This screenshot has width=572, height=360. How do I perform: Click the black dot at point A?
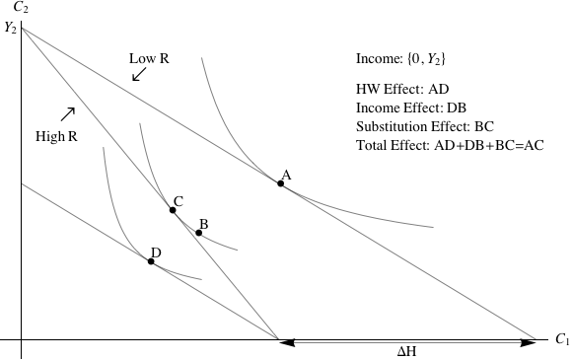281,183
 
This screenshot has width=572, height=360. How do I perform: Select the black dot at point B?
198,233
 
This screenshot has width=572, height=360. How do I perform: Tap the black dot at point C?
173,210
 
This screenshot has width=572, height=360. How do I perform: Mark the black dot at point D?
151,261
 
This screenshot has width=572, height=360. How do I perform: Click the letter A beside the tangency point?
286,175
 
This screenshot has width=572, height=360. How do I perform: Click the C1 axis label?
561,339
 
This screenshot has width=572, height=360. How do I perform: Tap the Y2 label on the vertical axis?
10,28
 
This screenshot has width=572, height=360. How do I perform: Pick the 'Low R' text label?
149,58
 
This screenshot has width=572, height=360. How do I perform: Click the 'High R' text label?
56,135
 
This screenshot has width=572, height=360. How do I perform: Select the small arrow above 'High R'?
67,113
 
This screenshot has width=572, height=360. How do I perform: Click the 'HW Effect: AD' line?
402,89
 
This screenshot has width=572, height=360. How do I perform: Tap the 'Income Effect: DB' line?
411,108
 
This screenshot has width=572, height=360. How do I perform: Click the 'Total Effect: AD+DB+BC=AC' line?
450,145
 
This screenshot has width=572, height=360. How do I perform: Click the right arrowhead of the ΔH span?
530,341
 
